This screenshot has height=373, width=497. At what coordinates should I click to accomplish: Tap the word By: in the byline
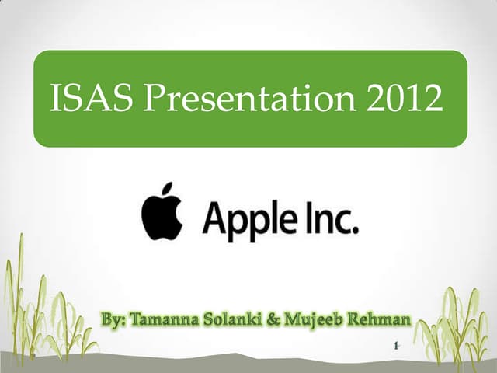pyautogui.click(x=116, y=320)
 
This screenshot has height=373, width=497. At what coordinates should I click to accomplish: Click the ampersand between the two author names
pyautogui.click(x=269, y=320)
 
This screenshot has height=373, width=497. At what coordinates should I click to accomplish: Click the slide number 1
pyautogui.click(x=396, y=346)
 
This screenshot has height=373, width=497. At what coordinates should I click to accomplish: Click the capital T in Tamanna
pyautogui.click(x=135, y=320)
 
